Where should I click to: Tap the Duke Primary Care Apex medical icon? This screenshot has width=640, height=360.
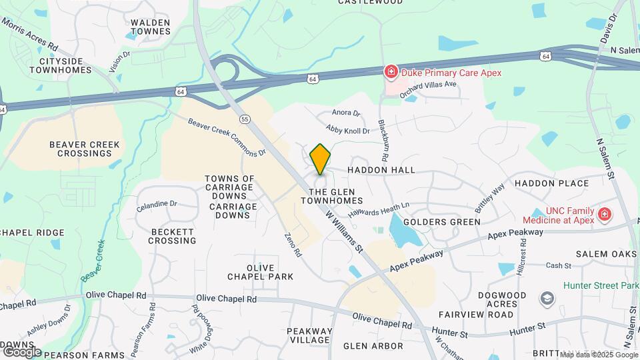click(390, 72)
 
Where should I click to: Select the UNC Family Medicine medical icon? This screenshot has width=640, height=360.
click(604, 214)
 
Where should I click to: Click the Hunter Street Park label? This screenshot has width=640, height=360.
click(601, 285)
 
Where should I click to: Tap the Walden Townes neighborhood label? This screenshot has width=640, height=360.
click(150, 27)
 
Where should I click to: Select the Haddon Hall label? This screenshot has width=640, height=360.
click(381, 170)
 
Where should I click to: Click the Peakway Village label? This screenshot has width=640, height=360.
click(309, 335)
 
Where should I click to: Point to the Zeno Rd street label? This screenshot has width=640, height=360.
click(293, 245)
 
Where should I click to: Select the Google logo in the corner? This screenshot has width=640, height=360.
click(21, 351)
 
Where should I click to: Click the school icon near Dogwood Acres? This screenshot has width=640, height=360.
click(547, 298)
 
